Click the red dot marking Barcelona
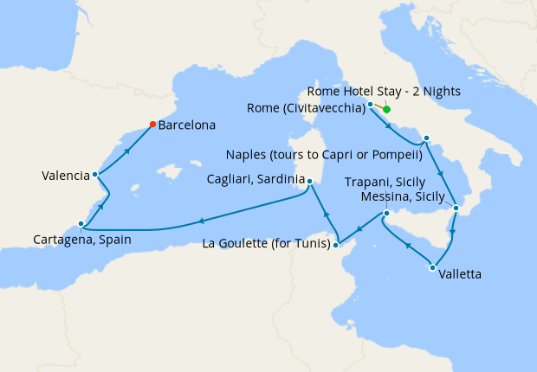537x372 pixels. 153,124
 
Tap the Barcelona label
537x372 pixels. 186,125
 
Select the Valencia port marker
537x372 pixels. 94,175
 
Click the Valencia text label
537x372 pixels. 66,176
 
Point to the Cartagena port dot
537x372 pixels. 81,224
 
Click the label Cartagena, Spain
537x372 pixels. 82,240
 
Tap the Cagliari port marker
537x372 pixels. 308,181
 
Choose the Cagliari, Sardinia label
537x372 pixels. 254,180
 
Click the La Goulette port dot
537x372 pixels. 336,245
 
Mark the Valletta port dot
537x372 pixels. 432,267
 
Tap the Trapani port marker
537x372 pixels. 386,214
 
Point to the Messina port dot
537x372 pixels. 456,208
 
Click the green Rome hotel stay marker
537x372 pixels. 386,109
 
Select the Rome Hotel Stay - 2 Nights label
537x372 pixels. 386,91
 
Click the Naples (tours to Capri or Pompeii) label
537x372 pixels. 323,156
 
